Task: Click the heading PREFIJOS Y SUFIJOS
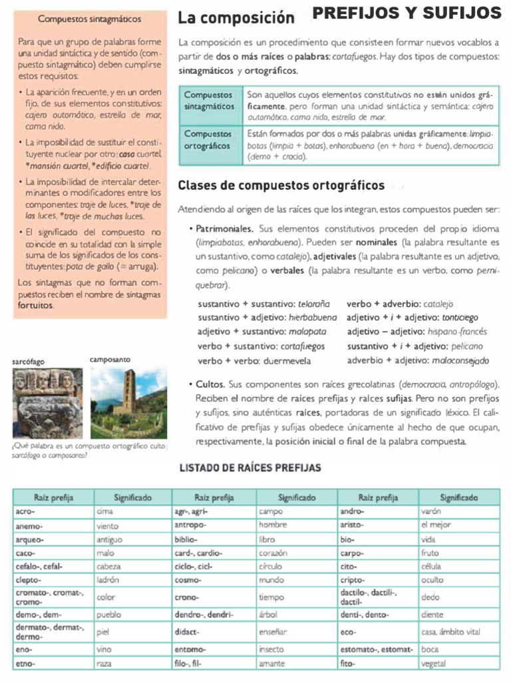pos(407,13)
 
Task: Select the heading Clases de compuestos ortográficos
pos(281,185)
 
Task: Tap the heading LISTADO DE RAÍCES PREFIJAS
pos(251,468)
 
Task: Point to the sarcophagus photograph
pos(47,402)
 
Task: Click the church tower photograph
pos(128,402)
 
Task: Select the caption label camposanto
pos(109,360)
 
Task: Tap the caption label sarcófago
pos(29,362)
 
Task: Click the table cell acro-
pos(25,511)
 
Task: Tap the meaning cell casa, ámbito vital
pos(450,631)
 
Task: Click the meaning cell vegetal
pos(434,663)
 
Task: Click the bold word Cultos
pos(210,384)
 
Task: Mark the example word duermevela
pos(268,361)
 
